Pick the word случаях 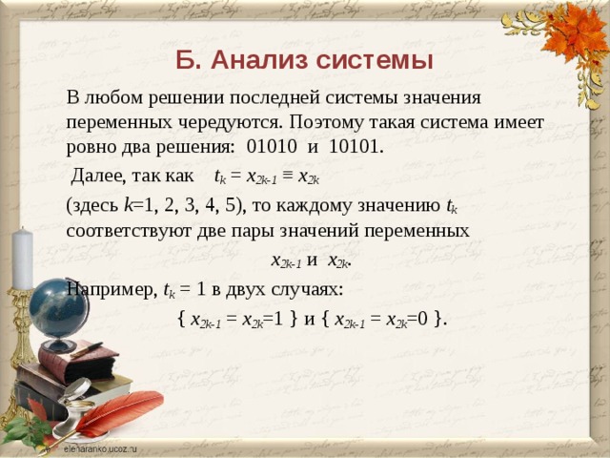coord(310,289)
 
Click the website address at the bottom coord(100,447)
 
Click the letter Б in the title coord(187,61)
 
